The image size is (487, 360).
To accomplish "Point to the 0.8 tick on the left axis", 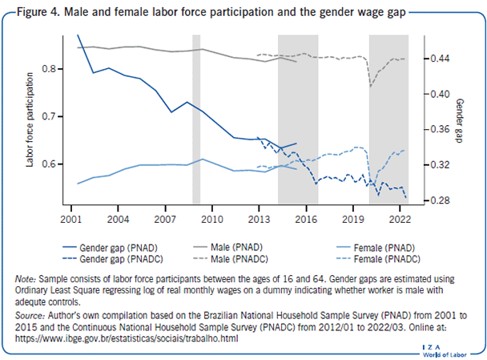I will point(51,69).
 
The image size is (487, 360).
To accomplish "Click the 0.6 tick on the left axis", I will point(51,164).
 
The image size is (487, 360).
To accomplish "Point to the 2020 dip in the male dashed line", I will point(371,85).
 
